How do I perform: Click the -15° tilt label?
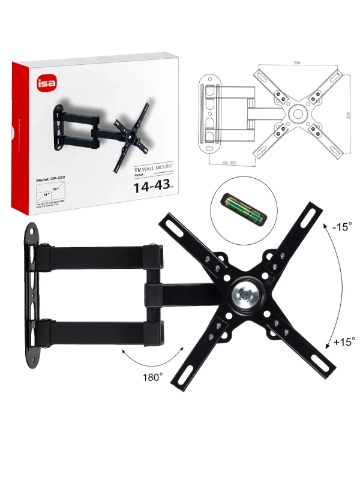342,227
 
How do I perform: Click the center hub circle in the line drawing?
296,113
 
